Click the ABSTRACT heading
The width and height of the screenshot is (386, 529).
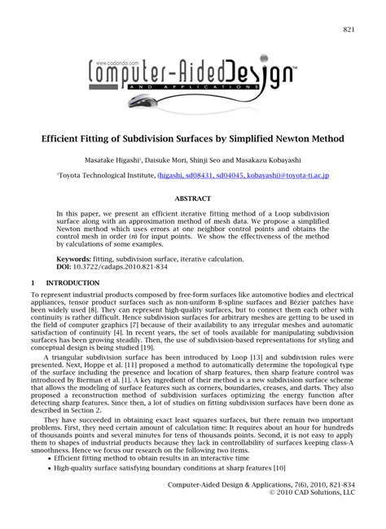(x=194, y=197)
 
